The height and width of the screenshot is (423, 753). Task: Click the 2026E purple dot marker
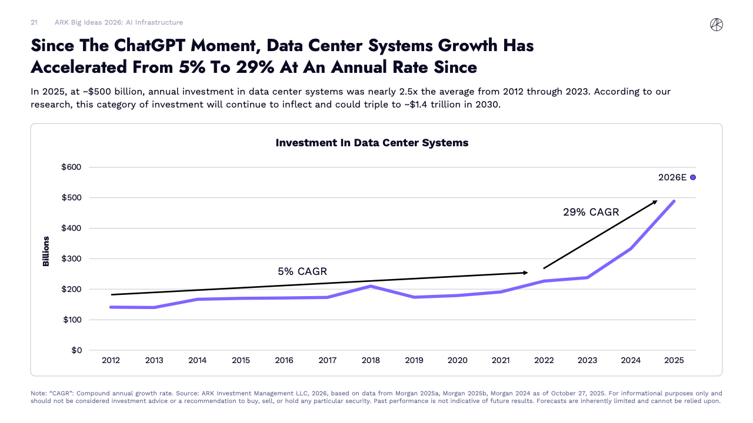click(693, 177)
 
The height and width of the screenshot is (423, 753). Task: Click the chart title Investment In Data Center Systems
click(372, 143)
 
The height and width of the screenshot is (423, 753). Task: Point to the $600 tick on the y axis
click(71, 167)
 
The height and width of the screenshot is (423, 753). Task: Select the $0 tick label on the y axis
click(76, 351)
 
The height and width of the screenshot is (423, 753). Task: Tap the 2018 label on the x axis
click(371, 361)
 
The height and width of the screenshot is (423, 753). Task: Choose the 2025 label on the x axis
click(674, 361)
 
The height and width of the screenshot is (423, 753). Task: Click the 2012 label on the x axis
click(111, 361)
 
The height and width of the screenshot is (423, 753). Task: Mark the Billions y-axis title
click(46, 251)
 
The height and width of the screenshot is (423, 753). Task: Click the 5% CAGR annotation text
click(302, 271)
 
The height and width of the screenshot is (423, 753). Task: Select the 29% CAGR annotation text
click(591, 212)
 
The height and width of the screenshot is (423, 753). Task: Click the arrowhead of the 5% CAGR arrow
click(525, 273)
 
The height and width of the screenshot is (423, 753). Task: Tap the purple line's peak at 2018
click(371, 286)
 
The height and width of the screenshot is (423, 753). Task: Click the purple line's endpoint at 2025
click(674, 201)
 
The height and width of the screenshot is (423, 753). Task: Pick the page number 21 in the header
click(34, 22)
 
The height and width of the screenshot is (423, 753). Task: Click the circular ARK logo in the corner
click(717, 24)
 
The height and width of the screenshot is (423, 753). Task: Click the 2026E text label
click(672, 177)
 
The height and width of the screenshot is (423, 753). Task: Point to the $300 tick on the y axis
click(71, 259)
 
